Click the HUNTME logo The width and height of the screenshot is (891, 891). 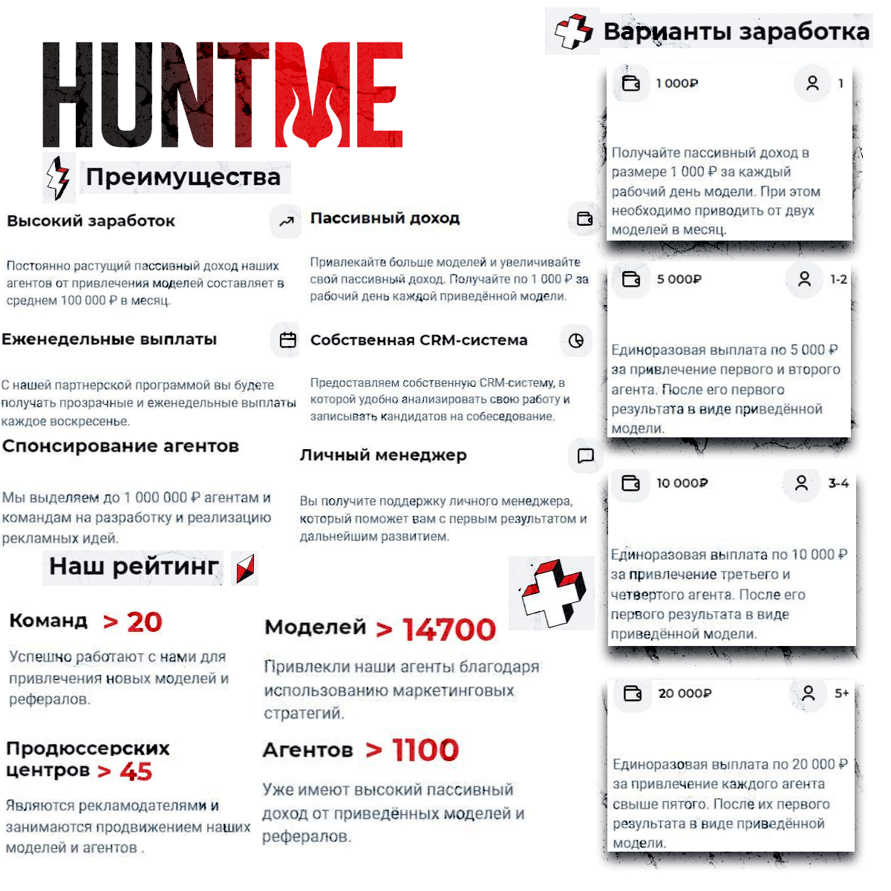click(223, 94)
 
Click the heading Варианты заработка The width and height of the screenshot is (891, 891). click(735, 32)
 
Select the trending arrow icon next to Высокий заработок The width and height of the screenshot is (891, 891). click(287, 221)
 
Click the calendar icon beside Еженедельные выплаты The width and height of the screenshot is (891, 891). click(287, 340)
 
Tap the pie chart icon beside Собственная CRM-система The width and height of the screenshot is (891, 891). click(576, 341)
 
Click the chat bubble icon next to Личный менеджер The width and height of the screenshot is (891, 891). click(585, 455)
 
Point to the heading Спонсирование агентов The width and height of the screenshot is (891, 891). click(120, 446)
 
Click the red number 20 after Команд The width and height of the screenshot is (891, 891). click(144, 622)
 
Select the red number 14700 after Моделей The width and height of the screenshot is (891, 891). click(448, 630)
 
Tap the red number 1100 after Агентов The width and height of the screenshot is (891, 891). click(425, 750)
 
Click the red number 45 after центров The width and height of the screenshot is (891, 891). click(136, 771)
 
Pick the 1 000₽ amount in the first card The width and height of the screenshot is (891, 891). click(676, 83)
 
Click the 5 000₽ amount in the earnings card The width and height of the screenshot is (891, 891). click(679, 279)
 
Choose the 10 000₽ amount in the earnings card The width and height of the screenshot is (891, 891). click(682, 483)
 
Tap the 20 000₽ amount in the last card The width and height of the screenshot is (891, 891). click(685, 693)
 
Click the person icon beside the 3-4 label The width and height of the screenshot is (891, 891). click(801, 483)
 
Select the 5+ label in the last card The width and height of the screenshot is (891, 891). click(841, 693)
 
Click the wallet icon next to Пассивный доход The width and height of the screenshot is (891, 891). click(585, 218)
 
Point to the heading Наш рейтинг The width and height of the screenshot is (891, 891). click(134, 567)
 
